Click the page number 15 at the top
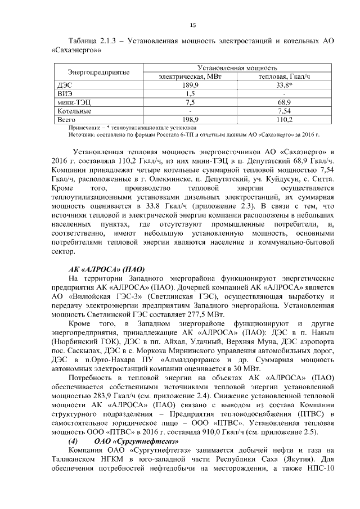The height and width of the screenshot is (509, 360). point(192,25)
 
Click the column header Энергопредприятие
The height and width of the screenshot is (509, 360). point(99,72)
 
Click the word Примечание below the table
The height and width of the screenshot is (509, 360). point(83,128)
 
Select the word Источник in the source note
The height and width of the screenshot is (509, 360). point(80,135)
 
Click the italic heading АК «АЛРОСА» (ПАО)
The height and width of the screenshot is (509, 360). point(106,269)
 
